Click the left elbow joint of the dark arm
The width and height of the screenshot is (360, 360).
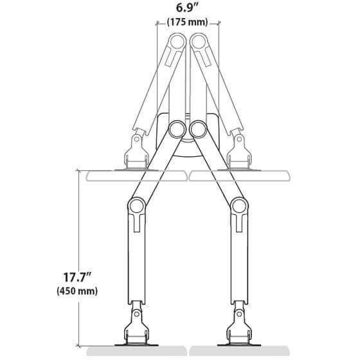point(136,206)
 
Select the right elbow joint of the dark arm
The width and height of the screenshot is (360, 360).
point(239,206)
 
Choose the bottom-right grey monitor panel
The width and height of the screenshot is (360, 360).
point(239,352)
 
